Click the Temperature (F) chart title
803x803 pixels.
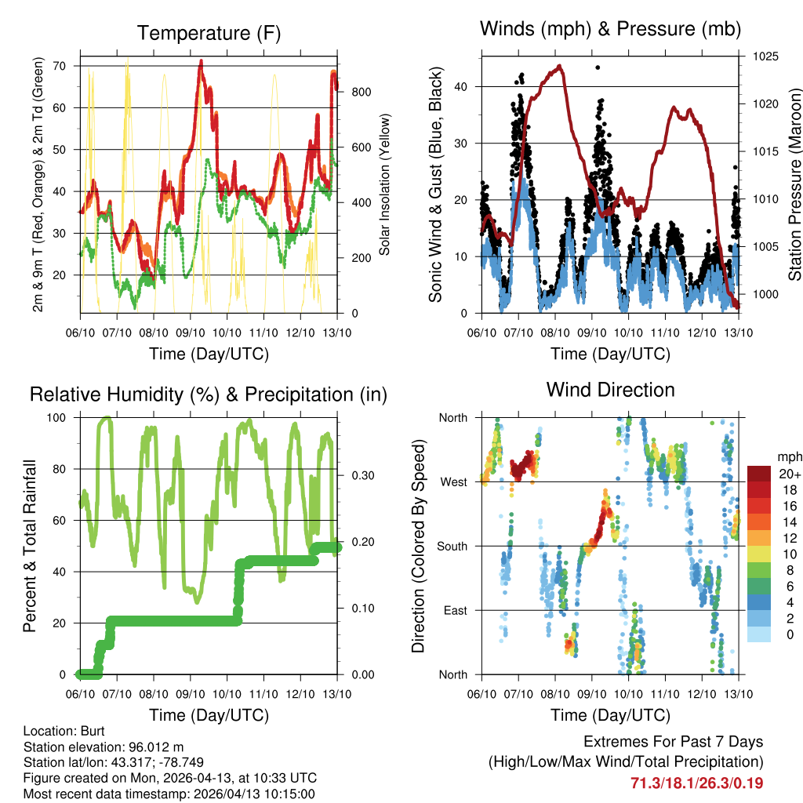[208, 33]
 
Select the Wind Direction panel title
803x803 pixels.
[610, 389]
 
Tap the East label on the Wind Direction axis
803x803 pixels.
[454, 610]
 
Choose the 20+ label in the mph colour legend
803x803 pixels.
[789, 474]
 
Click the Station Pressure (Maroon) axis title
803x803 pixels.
[794, 184]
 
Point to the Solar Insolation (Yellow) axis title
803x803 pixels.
[384, 184]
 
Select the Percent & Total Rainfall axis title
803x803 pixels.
[30, 546]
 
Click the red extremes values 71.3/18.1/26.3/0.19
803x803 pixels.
[697, 783]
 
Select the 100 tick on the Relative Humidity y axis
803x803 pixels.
[60, 417]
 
